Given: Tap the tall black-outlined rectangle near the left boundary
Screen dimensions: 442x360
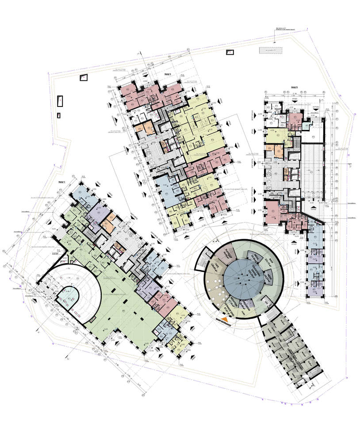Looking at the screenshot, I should pyautogui.click(x=60, y=101).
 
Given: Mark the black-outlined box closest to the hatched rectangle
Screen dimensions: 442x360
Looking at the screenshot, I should pyautogui.click(x=230, y=53).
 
